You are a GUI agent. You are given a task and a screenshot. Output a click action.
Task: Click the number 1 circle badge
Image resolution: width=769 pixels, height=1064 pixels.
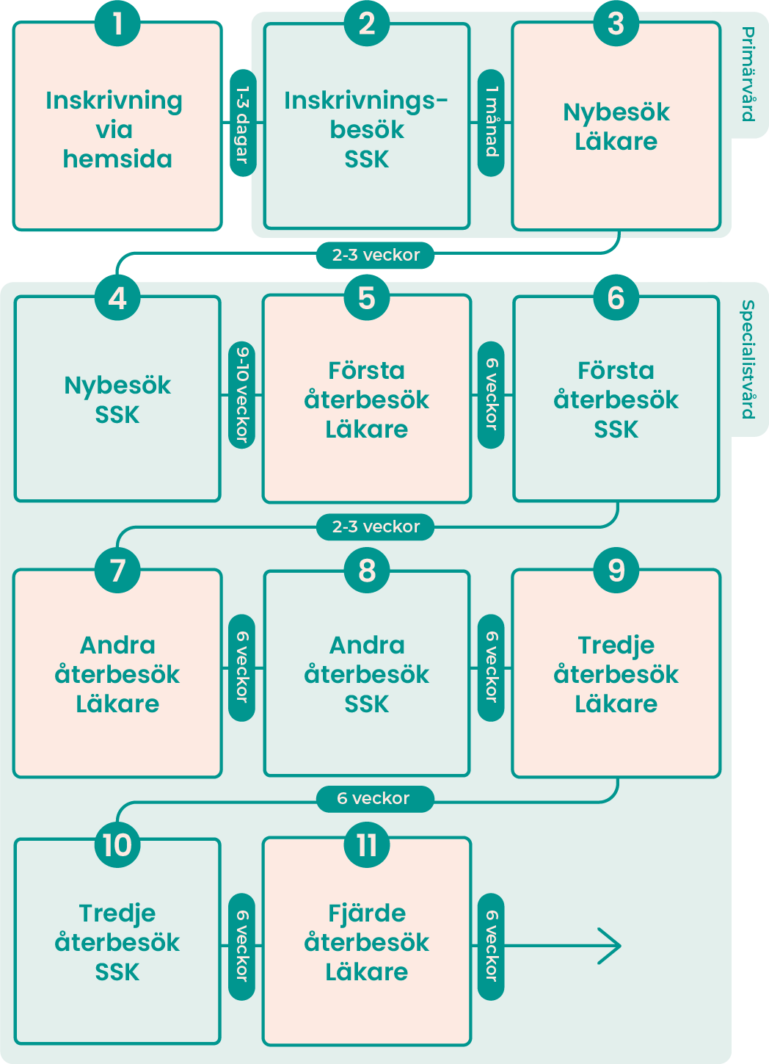[x=117, y=23]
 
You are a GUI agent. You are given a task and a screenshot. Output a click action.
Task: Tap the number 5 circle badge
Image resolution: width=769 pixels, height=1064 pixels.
[x=367, y=298]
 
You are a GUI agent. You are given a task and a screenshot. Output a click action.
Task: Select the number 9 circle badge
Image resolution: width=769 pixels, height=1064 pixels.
[x=616, y=570]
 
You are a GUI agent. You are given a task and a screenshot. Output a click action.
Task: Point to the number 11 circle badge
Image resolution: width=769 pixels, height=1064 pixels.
[x=367, y=844]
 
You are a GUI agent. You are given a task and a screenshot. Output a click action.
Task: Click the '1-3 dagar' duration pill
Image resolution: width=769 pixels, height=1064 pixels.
[x=243, y=123]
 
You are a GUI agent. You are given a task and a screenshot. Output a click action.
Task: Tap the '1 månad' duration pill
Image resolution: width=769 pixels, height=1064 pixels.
[x=491, y=123]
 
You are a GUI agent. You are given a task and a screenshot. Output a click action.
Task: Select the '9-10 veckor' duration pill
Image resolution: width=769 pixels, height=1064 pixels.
[x=243, y=395]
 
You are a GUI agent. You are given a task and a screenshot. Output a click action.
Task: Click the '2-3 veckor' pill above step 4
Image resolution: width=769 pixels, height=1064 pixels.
[x=376, y=256]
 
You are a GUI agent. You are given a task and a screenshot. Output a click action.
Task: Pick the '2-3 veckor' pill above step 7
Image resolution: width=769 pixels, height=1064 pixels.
[x=376, y=527]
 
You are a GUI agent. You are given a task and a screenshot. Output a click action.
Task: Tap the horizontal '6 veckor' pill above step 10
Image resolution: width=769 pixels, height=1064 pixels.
[x=374, y=799]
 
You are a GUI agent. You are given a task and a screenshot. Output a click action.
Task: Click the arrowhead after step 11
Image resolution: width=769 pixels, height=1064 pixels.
[x=610, y=946]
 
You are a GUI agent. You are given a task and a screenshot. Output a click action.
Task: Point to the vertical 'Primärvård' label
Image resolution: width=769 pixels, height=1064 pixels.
[x=748, y=73]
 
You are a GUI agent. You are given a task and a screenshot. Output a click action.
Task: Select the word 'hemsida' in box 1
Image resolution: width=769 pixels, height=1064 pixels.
[x=117, y=159]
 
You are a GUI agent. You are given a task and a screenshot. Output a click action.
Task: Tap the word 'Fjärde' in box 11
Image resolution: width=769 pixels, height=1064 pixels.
[x=367, y=913]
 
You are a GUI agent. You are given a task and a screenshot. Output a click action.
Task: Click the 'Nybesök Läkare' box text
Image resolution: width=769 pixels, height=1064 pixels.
[x=616, y=127]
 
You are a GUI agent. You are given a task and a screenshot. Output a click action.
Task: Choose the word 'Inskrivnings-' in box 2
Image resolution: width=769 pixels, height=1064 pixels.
[x=366, y=101]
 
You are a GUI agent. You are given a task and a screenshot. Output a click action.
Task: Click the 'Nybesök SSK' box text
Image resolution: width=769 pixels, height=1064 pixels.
[x=117, y=400]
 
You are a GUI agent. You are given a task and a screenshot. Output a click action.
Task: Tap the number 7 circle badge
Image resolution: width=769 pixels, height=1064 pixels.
[x=117, y=570]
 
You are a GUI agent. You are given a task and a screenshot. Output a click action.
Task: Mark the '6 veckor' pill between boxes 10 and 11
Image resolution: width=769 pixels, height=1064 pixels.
[x=242, y=947]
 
